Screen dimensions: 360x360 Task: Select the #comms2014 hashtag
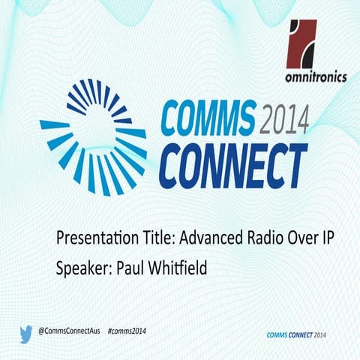pyautogui.click(x=126, y=331)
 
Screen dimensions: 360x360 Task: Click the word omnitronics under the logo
pyautogui.click(x=317, y=76)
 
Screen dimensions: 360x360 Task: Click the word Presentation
pyautogui.click(x=94, y=239)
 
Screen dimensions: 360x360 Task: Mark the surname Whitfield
pyautogui.click(x=181, y=266)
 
